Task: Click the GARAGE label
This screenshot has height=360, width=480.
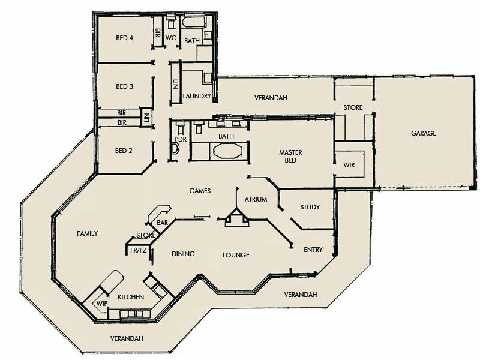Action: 424,133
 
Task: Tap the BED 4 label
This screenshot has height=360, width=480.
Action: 124,38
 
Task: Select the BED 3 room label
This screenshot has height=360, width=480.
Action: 124,86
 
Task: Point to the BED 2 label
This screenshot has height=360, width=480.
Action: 124,151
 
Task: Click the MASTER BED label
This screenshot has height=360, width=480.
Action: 290,157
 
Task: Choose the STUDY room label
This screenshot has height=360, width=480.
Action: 310,208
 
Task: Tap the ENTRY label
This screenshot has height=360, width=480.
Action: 313,250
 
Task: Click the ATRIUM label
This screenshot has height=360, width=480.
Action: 256,200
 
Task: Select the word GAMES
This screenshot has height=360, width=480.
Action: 200,191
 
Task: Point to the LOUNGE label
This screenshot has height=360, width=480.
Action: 236,255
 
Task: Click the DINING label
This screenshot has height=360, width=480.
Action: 183,254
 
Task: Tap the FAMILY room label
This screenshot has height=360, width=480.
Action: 87,233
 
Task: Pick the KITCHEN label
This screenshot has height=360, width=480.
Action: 130,298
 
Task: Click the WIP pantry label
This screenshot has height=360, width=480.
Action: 101,304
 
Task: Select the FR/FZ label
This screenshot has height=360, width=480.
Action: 139,250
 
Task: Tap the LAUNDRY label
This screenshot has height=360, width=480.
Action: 197,96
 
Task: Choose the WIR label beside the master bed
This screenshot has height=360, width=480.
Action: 349,165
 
